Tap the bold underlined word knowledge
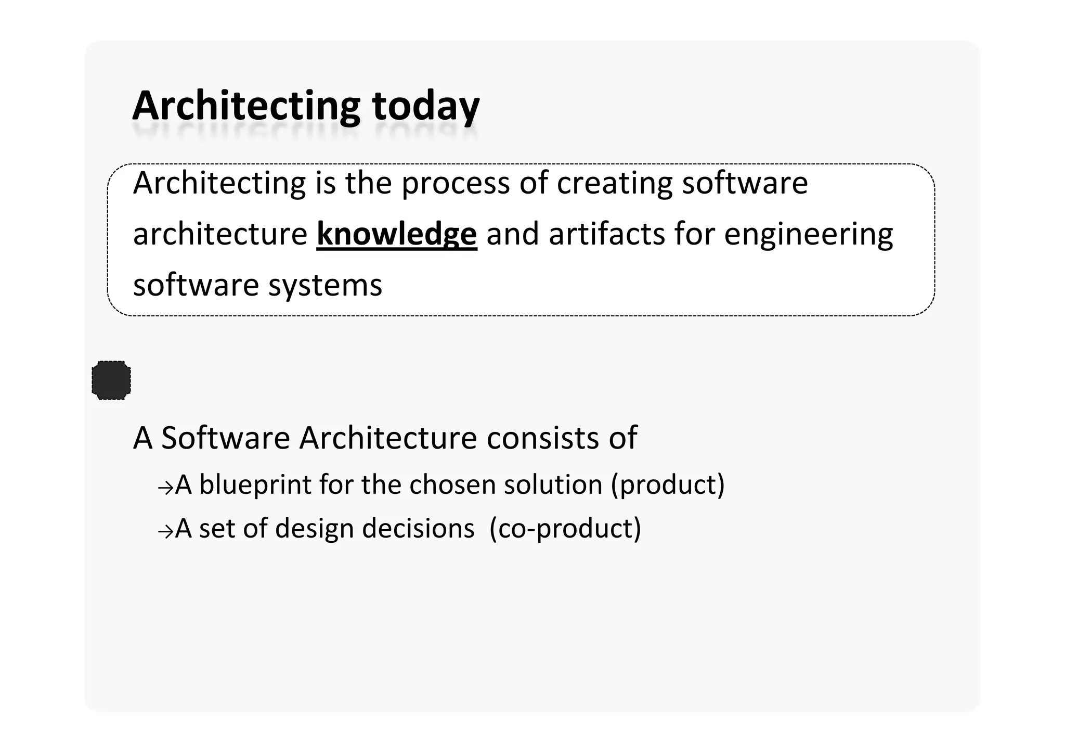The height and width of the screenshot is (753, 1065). coord(396,234)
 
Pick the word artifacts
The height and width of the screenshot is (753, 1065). coord(606,234)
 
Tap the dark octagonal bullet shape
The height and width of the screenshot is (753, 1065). coord(111,380)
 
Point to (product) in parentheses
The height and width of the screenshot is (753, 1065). coord(668,484)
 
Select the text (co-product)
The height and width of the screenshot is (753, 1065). coord(565,529)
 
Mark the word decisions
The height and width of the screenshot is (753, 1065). coord(418,529)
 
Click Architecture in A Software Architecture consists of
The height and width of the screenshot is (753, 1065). coord(388,438)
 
